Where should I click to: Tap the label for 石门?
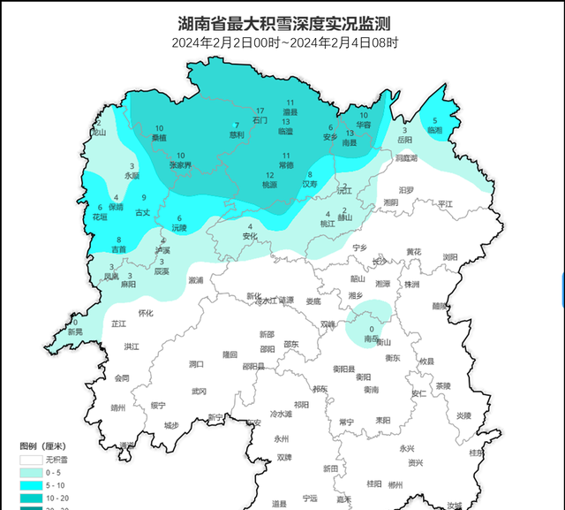pyautogui.click(x=260, y=119)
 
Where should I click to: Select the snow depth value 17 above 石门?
pyautogui.click(x=260, y=110)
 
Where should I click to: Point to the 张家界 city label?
pyautogui.click(x=180, y=164)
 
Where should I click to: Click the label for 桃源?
pyautogui.click(x=269, y=185)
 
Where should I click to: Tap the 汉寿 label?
pyautogui.click(x=310, y=184)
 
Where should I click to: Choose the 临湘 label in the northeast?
pyautogui.click(x=434, y=130)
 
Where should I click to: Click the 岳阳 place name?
pyautogui.click(x=404, y=140)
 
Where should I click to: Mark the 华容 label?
pyautogui.click(x=364, y=126)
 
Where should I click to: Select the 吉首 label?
pyautogui.click(x=118, y=249)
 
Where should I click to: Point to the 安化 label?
pyautogui.click(x=250, y=236)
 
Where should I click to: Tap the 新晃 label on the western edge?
pyautogui.click(x=75, y=331)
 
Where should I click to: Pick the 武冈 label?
pyautogui.click(x=200, y=391)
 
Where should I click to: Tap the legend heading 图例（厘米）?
pyautogui.click(x=43, y=446)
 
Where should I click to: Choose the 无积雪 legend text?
pyautogui.click(x=63, y=460)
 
